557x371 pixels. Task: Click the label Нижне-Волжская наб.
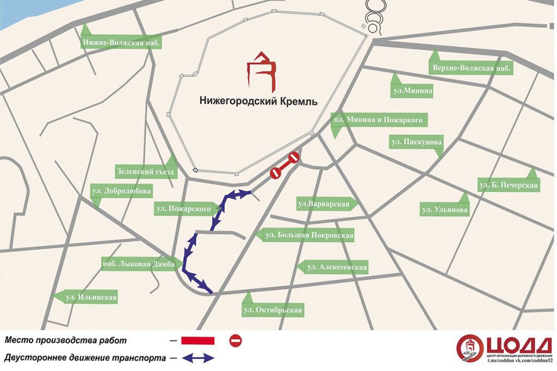click(x=121, y=43)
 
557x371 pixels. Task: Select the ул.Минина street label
click(x=412, y=91)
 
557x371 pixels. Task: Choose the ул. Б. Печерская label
click(x=509, y=185)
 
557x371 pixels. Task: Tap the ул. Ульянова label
click(x=444, y=210)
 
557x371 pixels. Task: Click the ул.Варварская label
click(x=324, y=205)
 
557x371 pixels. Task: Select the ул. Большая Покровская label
click(x=308, y=236)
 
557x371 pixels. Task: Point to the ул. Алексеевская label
click(x=337, y=267)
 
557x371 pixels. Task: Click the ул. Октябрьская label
click(x=273, y=310)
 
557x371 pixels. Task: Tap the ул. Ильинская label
click(x=91, y=298)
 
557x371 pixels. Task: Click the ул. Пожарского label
click(x=183, y=208)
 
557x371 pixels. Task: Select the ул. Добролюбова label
click(x=121, y=191)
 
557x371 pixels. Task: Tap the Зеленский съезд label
click(x=146, y=172)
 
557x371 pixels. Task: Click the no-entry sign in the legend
click(x=236, y=341)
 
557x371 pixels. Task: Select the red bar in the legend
click(x=197, y=341)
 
